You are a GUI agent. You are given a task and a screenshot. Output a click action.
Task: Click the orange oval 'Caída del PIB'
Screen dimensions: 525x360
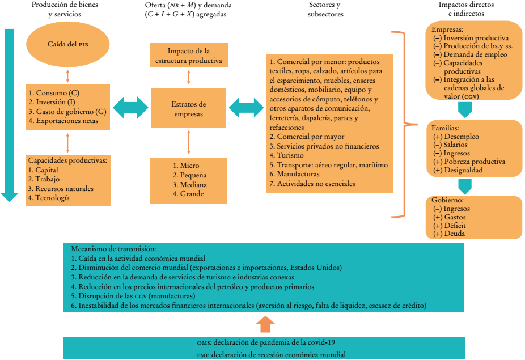(x=68, y=44)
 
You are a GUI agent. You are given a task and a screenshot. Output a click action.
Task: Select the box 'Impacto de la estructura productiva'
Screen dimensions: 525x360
(x=188, y=55)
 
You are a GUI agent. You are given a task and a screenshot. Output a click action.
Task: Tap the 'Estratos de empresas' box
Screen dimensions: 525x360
(x=188, y=108)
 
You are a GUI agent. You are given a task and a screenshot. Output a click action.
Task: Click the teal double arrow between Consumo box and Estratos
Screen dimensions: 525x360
(x=130, y=108)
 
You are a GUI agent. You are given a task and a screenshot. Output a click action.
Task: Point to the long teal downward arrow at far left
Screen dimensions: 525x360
(x=10, y=115)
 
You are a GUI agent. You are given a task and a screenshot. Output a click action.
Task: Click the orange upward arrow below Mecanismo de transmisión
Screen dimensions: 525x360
(x=265, y=324)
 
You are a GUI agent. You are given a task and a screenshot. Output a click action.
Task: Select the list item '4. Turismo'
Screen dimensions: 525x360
(x=287, y=155)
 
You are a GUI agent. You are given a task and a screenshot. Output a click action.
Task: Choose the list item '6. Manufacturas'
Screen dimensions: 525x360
(x=295, y=174)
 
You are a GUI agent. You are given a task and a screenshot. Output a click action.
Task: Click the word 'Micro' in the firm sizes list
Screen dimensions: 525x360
(x=189, y=166)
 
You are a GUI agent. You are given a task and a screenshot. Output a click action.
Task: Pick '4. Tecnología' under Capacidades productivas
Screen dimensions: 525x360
(x=49, y=198)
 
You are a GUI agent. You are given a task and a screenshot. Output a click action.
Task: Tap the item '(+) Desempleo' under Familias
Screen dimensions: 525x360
(x=456, y=137)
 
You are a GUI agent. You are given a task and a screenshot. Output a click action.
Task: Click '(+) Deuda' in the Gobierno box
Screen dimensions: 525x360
(x=448, y=234)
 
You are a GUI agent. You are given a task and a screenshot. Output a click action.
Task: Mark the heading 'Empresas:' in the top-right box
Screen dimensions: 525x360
(x=447, y=29)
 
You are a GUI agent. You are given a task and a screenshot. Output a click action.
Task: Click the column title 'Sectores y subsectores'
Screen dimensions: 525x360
(x=325, y=10)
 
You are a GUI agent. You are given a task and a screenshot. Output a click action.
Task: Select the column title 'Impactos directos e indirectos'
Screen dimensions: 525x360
(x=466, y=9)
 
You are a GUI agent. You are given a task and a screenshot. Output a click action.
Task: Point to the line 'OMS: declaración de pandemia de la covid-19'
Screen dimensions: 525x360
(x=266, y=342)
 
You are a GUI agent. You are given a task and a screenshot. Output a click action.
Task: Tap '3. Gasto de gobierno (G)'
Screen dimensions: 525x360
(x=67, y=112)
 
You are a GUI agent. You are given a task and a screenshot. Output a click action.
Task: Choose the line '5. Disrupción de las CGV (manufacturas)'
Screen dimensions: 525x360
(x=133, y=296)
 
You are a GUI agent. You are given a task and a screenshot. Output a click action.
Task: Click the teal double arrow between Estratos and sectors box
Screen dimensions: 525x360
(x=246, y=108)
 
